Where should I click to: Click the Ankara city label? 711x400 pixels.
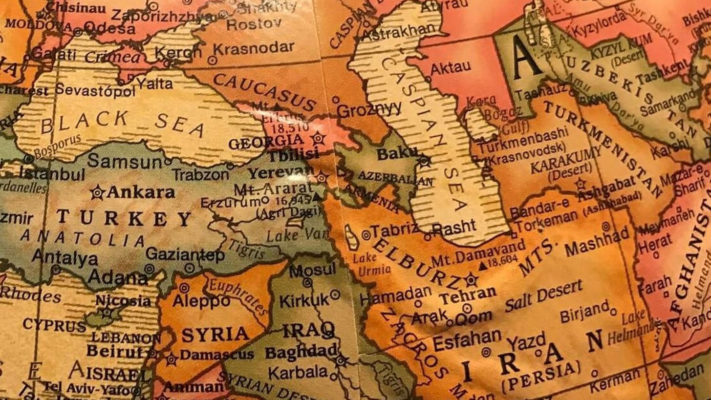tap(140, 192)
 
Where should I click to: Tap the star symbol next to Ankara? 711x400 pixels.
tap(97, 192)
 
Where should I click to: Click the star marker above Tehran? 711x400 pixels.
tap(471, 280)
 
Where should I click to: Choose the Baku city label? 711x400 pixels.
tap(397, 154)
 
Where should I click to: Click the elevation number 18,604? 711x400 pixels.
tap(502, 261)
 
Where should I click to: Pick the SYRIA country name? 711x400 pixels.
tap(215, 335)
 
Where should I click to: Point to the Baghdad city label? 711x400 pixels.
tap(301, 351)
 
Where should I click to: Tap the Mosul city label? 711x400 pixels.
tap(313, 270)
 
